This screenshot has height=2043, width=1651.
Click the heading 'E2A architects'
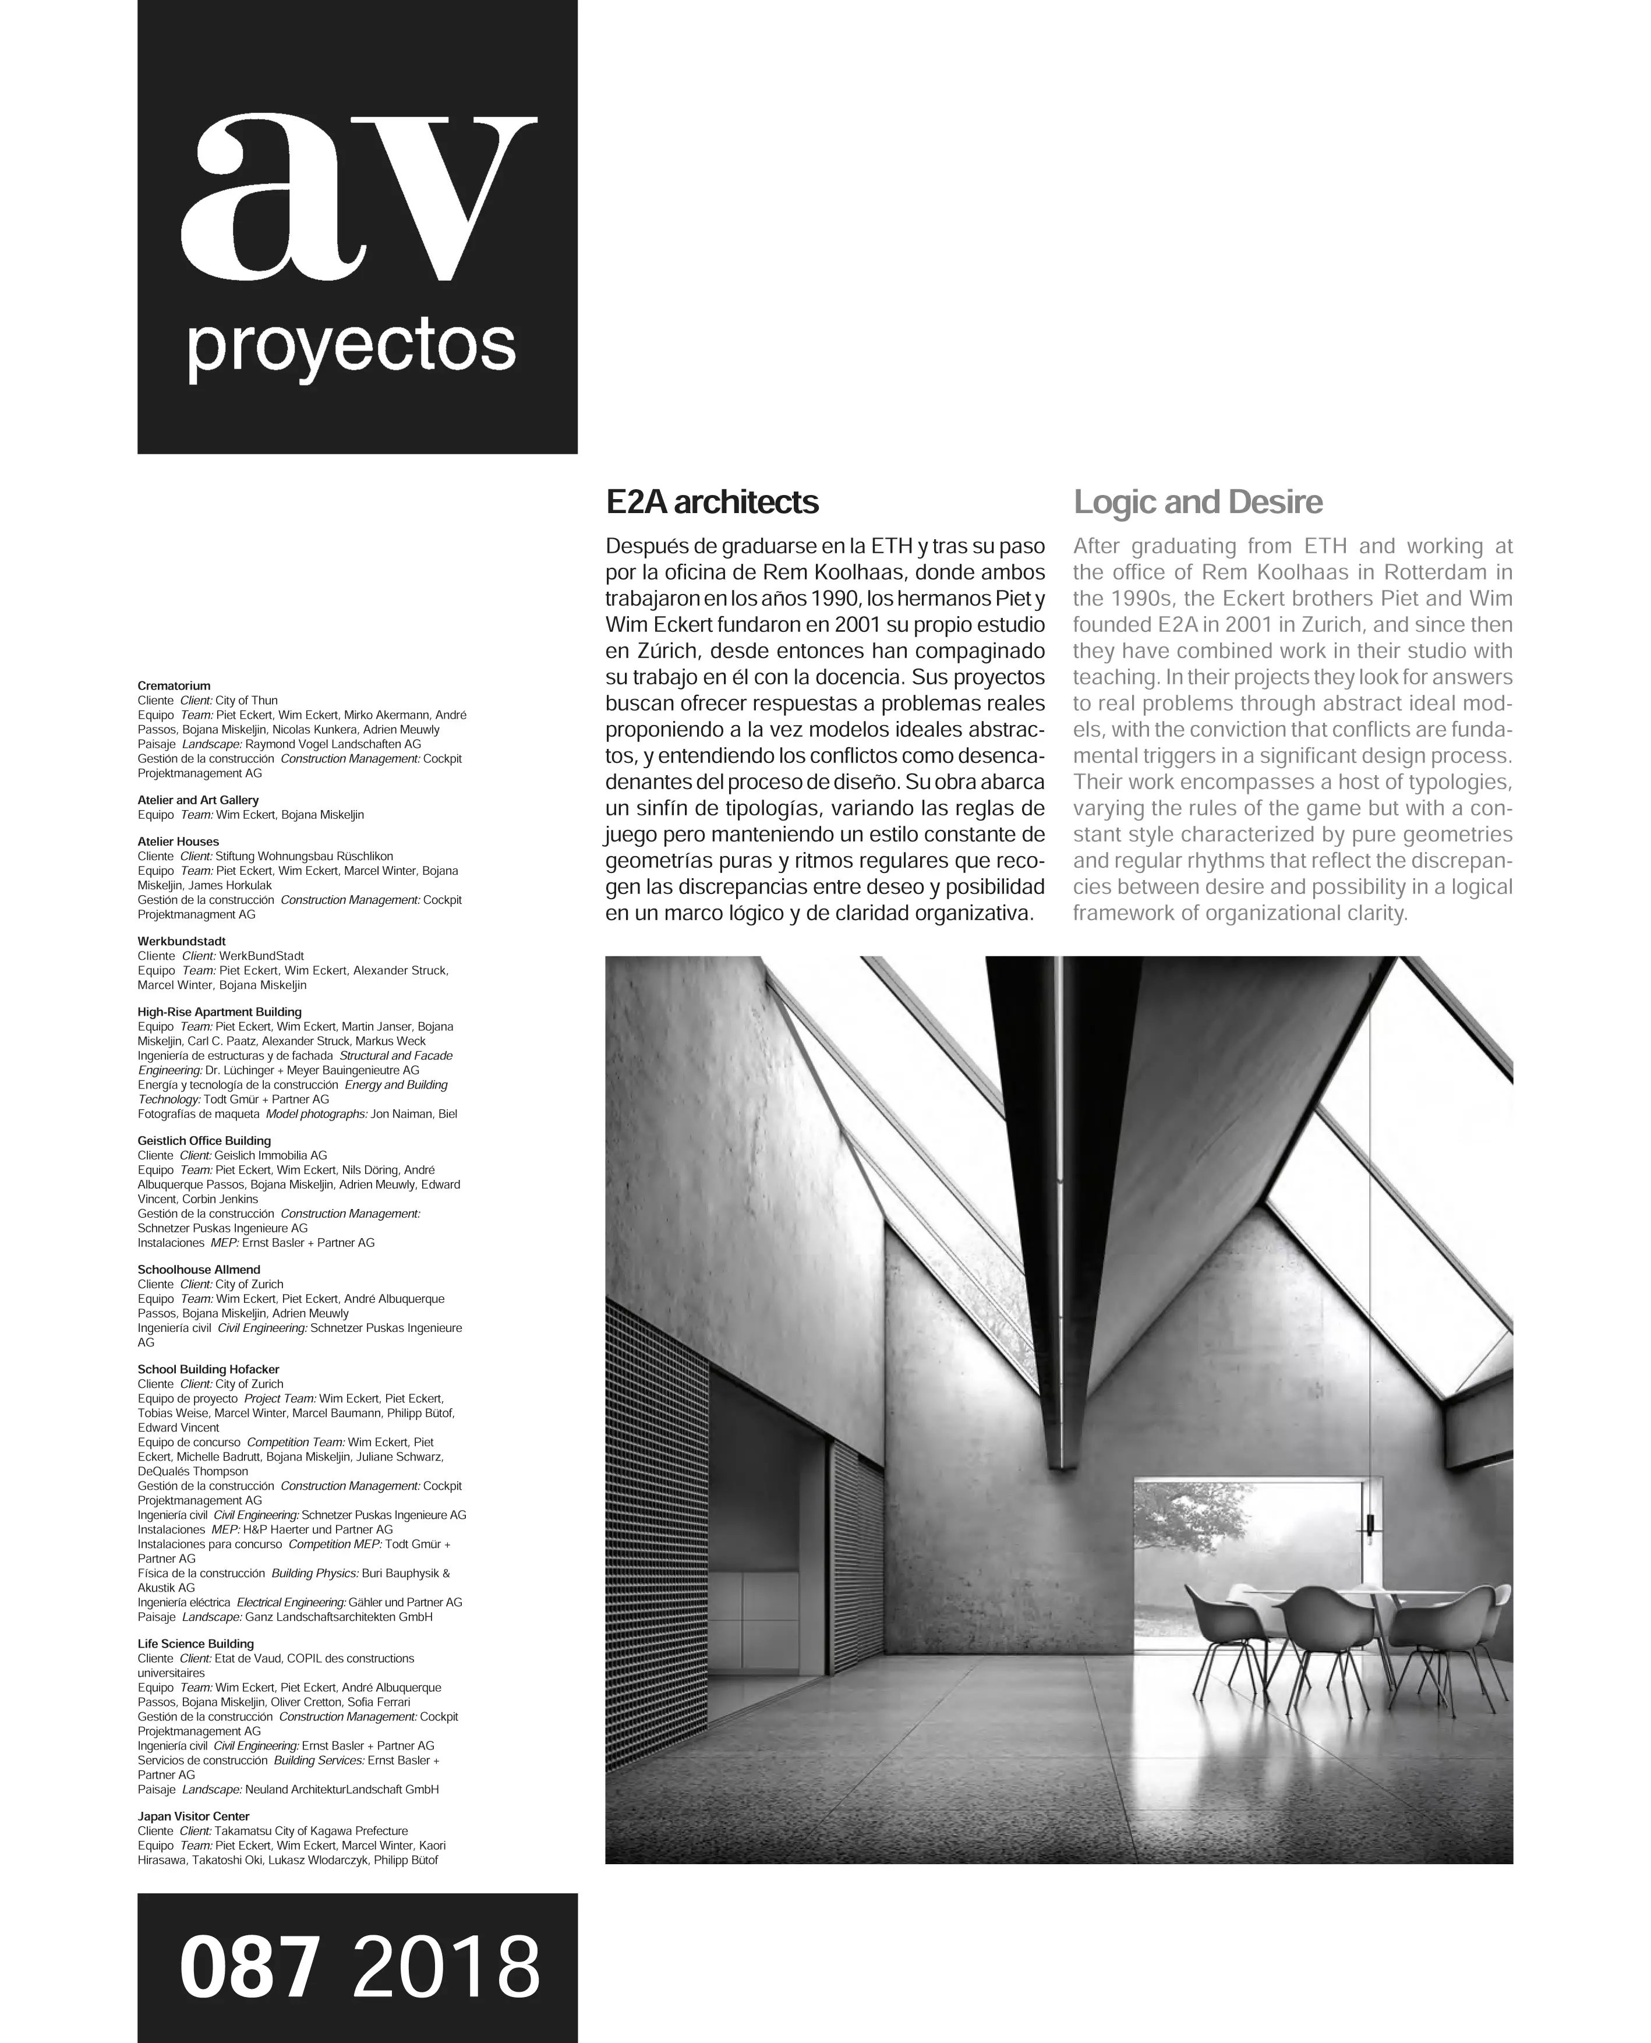tap(712, 502)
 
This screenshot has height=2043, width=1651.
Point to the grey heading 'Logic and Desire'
tap(1197, 502)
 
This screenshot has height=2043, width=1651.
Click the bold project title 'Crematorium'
tap(174, 685)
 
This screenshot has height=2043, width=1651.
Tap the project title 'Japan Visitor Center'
tap(193, 1816)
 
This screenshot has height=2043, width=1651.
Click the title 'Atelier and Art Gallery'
tap(198, 800)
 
